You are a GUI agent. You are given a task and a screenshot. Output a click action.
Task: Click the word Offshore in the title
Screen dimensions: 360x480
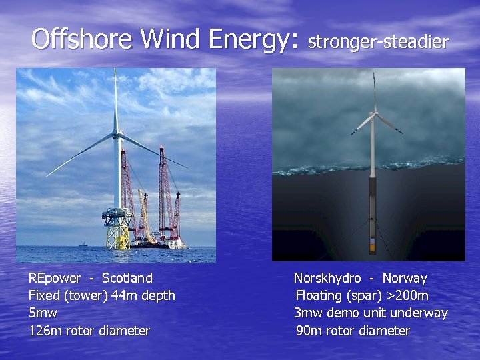pos(81,39)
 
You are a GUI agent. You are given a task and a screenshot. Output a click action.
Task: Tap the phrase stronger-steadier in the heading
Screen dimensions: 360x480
pos(378,42)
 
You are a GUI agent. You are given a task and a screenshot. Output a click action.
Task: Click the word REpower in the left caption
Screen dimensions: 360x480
pos(54,278)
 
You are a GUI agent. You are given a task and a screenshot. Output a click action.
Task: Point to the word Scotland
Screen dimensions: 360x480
pos(127,278)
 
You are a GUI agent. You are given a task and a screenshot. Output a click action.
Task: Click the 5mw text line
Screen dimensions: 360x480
pos(43,313)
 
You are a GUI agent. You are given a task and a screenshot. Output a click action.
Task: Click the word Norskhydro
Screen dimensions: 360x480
pos(327,278)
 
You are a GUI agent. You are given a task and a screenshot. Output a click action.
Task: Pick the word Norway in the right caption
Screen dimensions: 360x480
pos(405,278)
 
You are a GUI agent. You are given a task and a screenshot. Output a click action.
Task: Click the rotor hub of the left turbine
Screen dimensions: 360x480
pos(117,135)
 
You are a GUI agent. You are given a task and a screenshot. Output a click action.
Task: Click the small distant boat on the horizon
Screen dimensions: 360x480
pos(83,245)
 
